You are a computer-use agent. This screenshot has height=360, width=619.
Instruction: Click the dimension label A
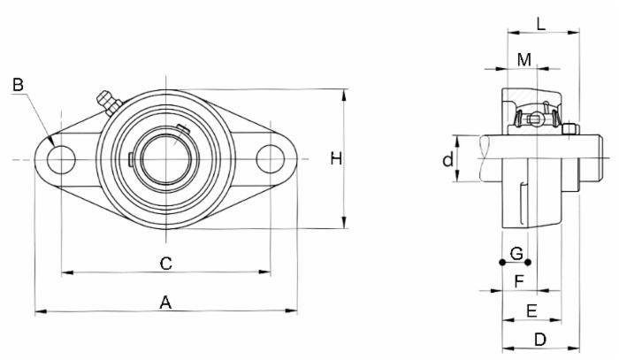pyautogui.click(x=164, y=302)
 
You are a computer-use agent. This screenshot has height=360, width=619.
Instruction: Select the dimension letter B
pyautogui.click(x=19, y=85)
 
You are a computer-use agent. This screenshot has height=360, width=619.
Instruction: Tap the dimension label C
pyautogui.click(x=164, y=263)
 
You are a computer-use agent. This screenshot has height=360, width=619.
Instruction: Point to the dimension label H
pyautogui.click(x=335, y=158)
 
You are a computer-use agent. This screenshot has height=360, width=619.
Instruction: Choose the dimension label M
pyautogui.click(x=524, y=59)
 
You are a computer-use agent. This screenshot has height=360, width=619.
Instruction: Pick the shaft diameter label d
pyautogui.click(x=448, y=159)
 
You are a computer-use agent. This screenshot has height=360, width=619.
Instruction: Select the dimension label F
pyautogui.click(x=519, y=281)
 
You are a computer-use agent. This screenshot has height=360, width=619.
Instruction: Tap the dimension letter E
pyautogui.click(x=531, y=310)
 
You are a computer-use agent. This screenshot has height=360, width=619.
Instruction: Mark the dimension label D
pyautogui.click(x=540, y=339)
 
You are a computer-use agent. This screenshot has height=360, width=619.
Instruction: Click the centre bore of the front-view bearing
pyautogui.click(x=164, y=159)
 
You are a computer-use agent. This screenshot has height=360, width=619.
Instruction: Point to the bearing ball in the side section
pyautogui.click(x=533, y=119)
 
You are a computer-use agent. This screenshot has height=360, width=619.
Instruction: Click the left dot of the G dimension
pyautogui.click(x=502, y=262)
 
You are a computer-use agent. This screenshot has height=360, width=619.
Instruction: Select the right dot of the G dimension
pyautogui.click(x=528, y=262)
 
